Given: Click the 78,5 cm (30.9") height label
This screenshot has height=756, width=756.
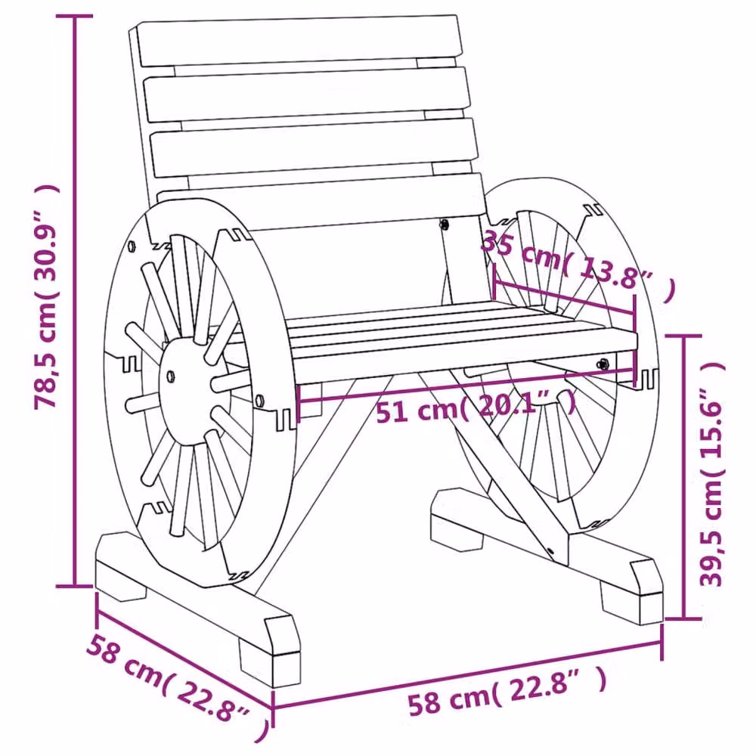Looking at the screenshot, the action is [x=47, y=296].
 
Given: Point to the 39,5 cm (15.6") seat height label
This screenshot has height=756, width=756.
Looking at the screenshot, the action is [x=712, y=475].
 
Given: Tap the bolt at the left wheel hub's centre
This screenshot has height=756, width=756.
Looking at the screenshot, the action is [x=170, y=375].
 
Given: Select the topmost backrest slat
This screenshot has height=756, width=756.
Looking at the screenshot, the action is [x=299, y=41].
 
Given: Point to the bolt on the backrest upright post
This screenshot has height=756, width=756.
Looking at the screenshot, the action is [x=444, y=224].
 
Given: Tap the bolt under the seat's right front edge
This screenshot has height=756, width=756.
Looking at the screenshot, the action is [x=603, y=364].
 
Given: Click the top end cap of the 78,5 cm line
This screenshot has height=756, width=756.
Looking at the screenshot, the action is [x=74, y=16].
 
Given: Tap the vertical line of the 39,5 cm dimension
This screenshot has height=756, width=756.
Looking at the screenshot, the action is [x=683, y=476].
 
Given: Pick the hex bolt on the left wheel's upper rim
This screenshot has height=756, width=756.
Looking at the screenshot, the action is [x=132, y=246].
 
